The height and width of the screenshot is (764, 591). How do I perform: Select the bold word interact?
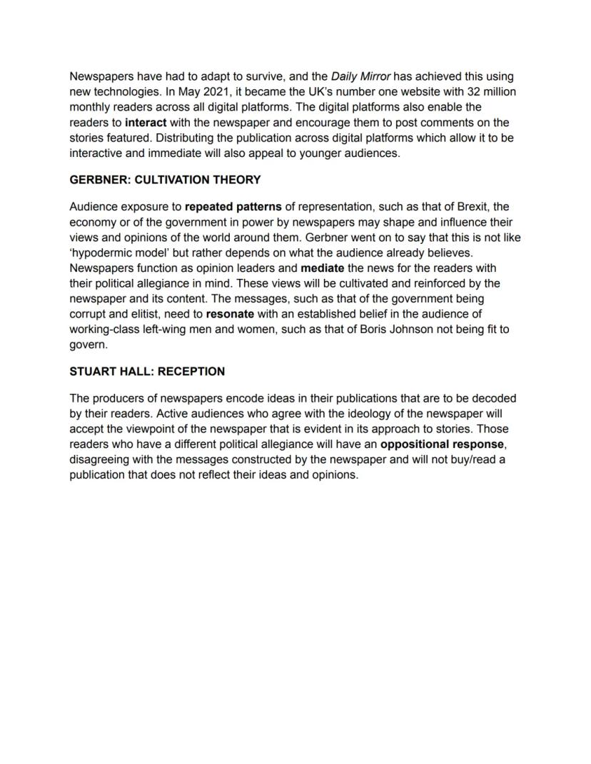pyautogui.click(x=146, y=122)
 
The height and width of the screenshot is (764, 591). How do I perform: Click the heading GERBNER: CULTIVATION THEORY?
pyautogui.click(x=165, y=180)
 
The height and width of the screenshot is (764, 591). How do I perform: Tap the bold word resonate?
pyautogui.click(x=230, y=314)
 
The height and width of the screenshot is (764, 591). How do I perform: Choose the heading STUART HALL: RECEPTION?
pyautogui.click(x=147, y=372)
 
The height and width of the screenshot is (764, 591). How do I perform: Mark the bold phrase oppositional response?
pyautogui.click(x=442, y=444)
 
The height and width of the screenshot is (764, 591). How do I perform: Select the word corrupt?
pyautogui.click(x=89, y=314)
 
